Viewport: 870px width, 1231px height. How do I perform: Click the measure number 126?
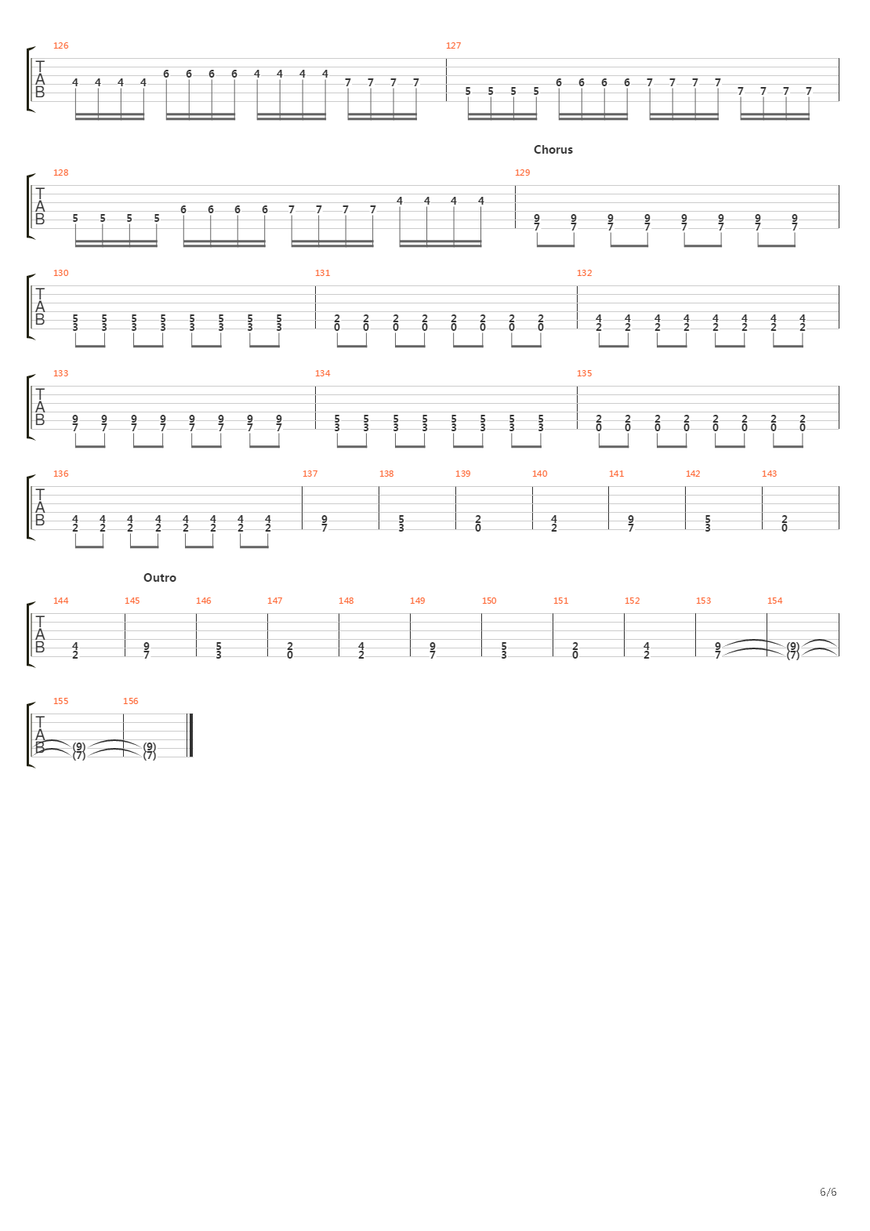(x=61, y=45)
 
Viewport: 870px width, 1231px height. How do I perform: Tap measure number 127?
(x=453, y=45)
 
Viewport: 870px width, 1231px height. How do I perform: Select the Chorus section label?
(x=553, y=150)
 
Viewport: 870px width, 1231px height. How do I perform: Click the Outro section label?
(x=160, y=578)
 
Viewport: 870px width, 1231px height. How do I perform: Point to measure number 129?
(x=522, y=172)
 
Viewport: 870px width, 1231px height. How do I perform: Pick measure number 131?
(x=322, y=273)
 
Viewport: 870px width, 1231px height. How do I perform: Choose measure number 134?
(x=322, y=373)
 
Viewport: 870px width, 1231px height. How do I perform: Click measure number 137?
(x=310, y=474)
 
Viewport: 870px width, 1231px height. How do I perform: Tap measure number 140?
(x=540, y=474)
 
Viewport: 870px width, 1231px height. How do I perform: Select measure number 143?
(x=769, y=474)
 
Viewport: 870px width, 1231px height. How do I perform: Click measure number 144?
(x=61, y=601)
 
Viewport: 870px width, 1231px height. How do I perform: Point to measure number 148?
(x=346, y=601)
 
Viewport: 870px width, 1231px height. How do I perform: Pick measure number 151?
(x=560, y=601)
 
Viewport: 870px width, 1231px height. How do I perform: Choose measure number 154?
(x=774, y=601)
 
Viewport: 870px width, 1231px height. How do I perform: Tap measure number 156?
(x=131, y=701)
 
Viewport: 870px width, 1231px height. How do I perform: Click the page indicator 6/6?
(x=828, y=1193)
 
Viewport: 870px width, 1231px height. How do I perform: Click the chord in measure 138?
(x=401, y=523)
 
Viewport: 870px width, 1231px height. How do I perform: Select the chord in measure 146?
(x=219, y=650)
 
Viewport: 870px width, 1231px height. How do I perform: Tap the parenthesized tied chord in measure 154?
(x=793, y=651)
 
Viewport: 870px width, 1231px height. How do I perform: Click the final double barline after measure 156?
(x=190, y=735)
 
